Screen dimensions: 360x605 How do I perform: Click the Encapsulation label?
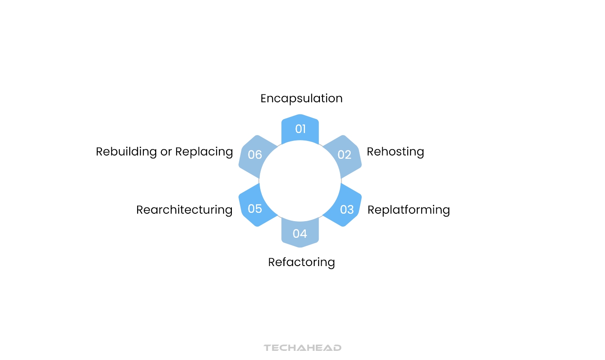tap(301, 99)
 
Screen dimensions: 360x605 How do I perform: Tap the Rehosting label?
tap(395, 152)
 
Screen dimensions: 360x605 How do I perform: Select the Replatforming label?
tap(408, 210)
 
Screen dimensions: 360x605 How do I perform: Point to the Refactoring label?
tap(301, 262)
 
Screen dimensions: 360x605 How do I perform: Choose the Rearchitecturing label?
tap(184, 210)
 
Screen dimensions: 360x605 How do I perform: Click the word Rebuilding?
tap(126, 152)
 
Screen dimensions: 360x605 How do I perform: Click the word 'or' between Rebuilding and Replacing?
tap(166, 153)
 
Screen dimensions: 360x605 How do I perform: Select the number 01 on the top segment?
tap(300, 129)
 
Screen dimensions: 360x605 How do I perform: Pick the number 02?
tap(344, 155)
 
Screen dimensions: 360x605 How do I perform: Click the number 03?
tap(347, 210)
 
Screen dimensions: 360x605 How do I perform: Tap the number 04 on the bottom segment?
tap(300, 234)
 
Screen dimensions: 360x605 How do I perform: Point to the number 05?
tap(255, 209)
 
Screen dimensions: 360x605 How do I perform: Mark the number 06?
tap(255, 155)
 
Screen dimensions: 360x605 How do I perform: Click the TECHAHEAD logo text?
tap(302, 348)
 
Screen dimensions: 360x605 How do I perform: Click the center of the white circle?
tap(300, 181)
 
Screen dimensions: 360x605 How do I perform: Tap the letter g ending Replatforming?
tap(446, 211)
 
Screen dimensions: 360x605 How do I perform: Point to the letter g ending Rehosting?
tap(420, 153)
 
